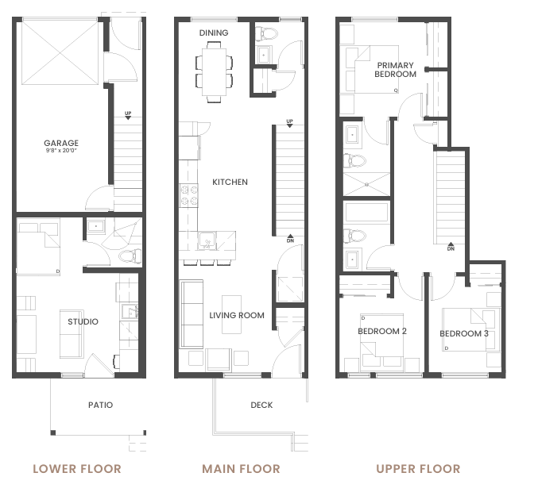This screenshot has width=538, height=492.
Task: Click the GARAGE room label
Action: (x=61, y=143)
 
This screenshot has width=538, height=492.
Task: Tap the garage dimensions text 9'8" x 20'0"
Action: (x=61, y=151)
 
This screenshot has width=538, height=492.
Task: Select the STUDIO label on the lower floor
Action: (x=83, y=321)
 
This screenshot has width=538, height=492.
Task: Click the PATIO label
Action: (x=101, y=405)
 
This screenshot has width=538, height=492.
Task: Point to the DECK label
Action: (x=261, y=405)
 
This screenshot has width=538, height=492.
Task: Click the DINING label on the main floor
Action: (x=214, y=33)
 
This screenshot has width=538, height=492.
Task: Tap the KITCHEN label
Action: (x=230, y=182)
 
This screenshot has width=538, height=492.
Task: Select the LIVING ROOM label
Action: (x=237, y=315)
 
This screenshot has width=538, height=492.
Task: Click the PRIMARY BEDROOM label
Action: (x=395, y=70)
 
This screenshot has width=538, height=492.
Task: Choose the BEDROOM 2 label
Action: (x=382, y=331)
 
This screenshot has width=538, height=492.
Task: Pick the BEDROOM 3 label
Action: (x=464, y=333)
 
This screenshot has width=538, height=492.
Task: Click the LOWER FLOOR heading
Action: (x=77, y=469)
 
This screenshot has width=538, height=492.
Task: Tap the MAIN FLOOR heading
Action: (x=241, y=469)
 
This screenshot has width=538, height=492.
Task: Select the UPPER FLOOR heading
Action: (x=418, y=469)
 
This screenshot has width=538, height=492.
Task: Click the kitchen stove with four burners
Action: (x=189, y=195)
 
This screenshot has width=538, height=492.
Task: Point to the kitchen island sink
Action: (x=207, y=241)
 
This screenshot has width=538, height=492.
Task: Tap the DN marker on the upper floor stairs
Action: (x=451, y=247)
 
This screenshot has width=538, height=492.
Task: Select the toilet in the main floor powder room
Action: (x=265, y=33)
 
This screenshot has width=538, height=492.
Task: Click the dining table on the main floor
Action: (x=214, y=72)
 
